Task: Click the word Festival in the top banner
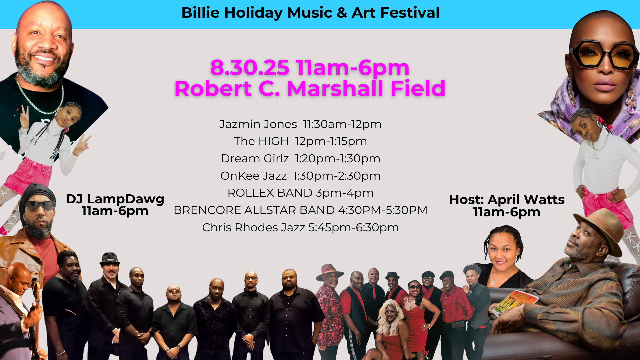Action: (410, 13)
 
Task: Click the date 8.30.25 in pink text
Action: (250, 68)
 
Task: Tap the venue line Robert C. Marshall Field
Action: (310, 89)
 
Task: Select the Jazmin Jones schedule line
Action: (300, 124)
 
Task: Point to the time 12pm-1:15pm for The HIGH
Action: (331, 141)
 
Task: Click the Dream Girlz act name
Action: (255, 158)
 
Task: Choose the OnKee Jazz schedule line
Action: (300, 176)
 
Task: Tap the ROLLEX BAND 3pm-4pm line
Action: (300, 193)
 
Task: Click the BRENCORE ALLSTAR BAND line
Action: (300, 210)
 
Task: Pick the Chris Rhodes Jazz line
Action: (300, 227)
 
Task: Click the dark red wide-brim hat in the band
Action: (329, 272)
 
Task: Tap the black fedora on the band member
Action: (109, 259)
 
